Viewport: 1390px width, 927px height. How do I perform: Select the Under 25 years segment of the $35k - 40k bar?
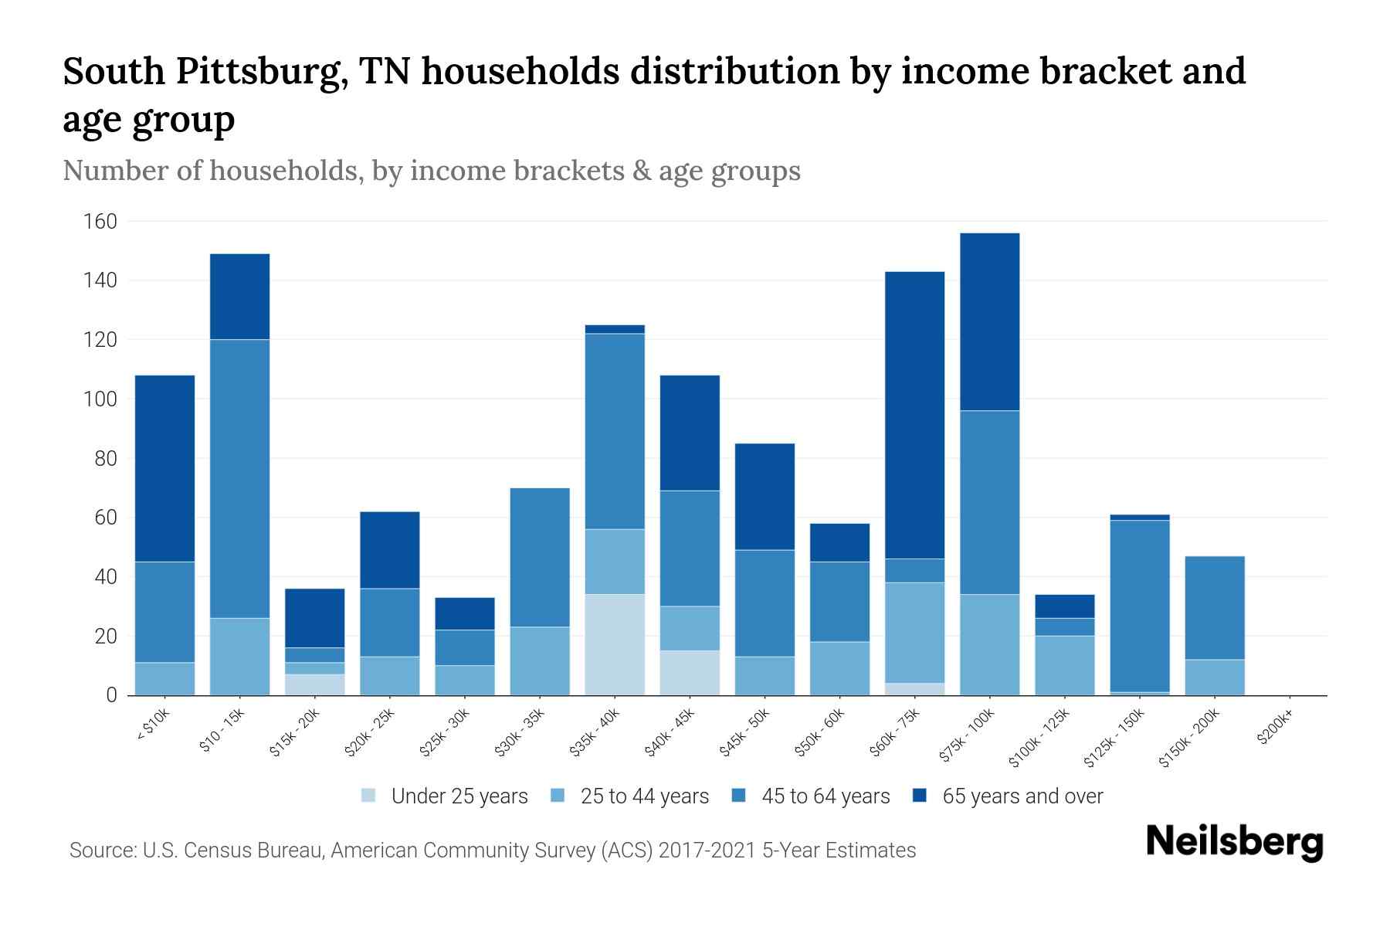(x=615, y=644)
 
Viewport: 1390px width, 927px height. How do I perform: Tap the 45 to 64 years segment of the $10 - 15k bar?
(x=239, y=478)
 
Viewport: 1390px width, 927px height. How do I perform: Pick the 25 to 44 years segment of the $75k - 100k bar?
(x=989, y=644)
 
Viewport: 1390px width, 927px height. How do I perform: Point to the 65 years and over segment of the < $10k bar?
(x=164, y=468)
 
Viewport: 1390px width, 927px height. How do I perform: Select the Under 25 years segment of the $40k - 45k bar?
(x=690, y=672)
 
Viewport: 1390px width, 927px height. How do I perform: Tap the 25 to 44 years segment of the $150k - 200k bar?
(x=1214, y=677)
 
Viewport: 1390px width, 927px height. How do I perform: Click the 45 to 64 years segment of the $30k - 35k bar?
(x=540, y=557)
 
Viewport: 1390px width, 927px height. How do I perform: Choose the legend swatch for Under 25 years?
(x=369, y=795)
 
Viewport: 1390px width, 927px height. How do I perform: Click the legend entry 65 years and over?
(x=1022, y=796)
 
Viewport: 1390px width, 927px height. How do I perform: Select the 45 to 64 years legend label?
(x=825, y=796)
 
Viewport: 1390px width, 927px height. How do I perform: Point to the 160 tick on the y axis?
(x=100, y=222)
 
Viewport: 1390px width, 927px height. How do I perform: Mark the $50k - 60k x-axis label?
(x=820, y=733)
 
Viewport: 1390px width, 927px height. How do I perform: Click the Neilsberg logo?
(x=1234, y=842)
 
